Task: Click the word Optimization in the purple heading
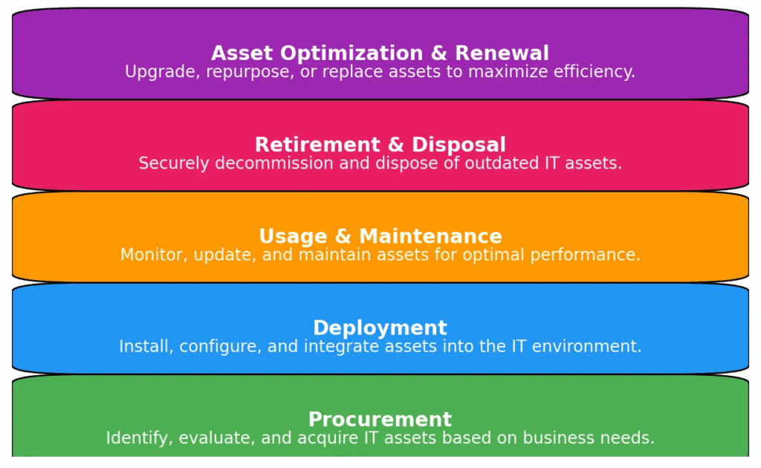(x=352, y=53)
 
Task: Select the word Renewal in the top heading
(x=502, y=53)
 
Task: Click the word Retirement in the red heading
(x=317, y=145)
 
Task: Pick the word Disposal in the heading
(x=459, y=145)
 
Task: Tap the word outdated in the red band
(x=502, y=163)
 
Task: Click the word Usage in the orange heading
(x=293, y=237)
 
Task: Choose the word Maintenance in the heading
(x=430, y=236)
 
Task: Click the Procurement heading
(x=380, y=420)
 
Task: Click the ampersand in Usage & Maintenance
(x=343, y=236)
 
